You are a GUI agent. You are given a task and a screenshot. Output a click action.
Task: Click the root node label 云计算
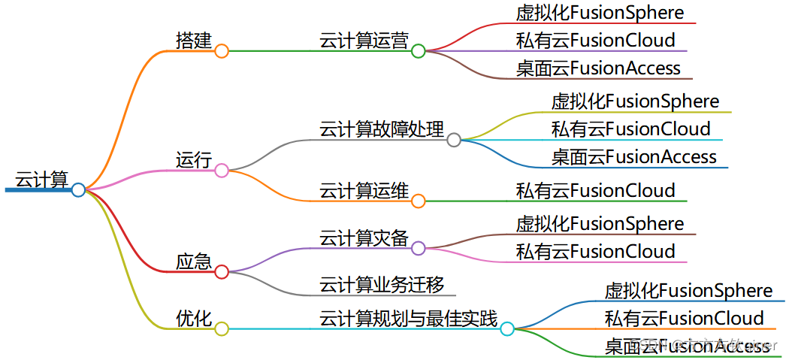click(x=41, y=179)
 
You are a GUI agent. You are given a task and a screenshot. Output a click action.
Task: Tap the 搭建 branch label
click(x=194, y=40)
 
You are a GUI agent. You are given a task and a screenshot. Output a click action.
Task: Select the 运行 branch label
click(x=194, y=160)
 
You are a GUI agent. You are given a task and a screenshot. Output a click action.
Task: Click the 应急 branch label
click(x=194, y=262)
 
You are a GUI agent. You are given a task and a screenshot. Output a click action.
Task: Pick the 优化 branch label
click(x=194, y=318)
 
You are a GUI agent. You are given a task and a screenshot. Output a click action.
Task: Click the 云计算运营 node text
click(x=364, y=41)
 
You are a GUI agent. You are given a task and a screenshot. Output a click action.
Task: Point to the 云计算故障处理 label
click(x=382, y=129)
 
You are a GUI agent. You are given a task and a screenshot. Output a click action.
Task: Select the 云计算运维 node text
click(x=364, y=191)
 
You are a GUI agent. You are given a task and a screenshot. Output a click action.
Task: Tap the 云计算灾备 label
click(x=364, y=238)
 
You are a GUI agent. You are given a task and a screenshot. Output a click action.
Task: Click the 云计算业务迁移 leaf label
click(x=382, y=285)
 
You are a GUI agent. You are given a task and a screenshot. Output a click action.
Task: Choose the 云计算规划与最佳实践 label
click(x=409, y=319)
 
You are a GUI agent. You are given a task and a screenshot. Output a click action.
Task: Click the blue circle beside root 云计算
click(x=78, y=190)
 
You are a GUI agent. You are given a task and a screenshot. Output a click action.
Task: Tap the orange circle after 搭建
click(x=222, y=51)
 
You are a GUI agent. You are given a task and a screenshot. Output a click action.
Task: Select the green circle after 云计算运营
click(x=419, y=51)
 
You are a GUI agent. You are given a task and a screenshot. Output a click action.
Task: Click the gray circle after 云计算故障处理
click(x=454, y=140)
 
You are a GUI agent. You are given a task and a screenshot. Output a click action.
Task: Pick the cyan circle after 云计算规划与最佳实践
click(x=507, y=329)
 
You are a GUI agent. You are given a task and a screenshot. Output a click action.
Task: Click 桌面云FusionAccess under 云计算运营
click(x=598, y=68)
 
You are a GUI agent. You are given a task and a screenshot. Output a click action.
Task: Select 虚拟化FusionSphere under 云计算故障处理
click(x=635, y=101)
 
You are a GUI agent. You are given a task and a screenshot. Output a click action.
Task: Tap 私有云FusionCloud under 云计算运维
click(x=595, y=191)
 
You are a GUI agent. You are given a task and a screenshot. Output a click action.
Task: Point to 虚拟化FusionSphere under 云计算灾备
click(x=600, y=224)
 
